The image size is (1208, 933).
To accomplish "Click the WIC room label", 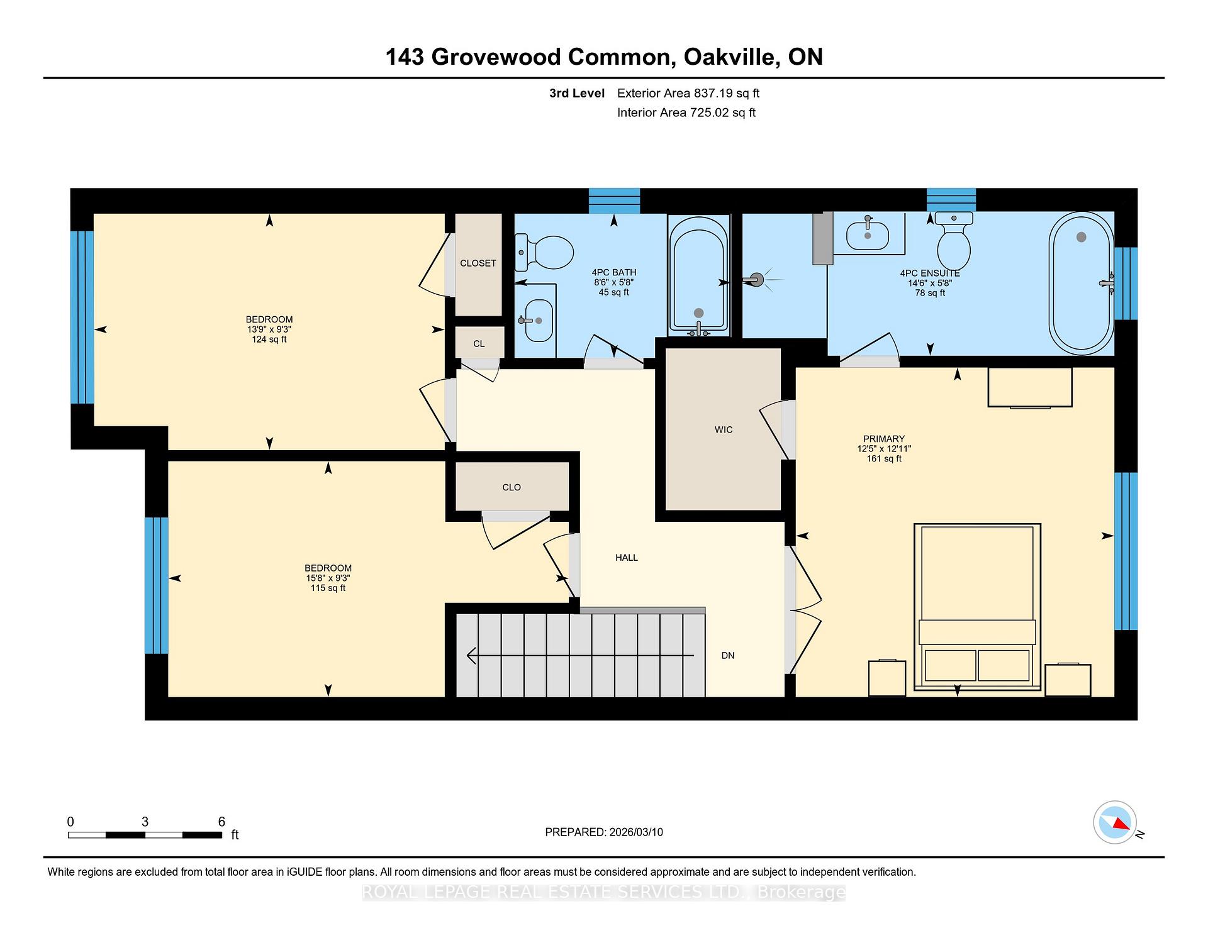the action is (x=724, y=430).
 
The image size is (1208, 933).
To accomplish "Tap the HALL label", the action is (x=627, y=558).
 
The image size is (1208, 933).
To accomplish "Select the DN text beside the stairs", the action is (x=728, y=656).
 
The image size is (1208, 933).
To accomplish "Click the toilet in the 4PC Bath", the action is (x=544, y=253).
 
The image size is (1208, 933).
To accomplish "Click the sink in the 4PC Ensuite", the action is (x=868, y=234).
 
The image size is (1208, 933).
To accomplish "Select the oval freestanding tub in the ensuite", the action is (x=1082, y=284).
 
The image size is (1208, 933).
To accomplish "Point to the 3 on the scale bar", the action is (x=145, y=822).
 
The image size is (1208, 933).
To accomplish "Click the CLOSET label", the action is (x=478, y=263).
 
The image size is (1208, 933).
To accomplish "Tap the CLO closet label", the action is (x=512, y=487).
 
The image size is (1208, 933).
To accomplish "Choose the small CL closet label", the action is (x=479, y=344).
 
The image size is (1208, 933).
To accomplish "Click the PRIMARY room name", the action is (x=884, y=439).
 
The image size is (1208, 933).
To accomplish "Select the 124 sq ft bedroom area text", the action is (x=269, y=340).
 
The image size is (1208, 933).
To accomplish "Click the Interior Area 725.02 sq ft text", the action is (x=686, y=113).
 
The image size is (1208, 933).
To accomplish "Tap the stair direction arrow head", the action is (x=471, y=656).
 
